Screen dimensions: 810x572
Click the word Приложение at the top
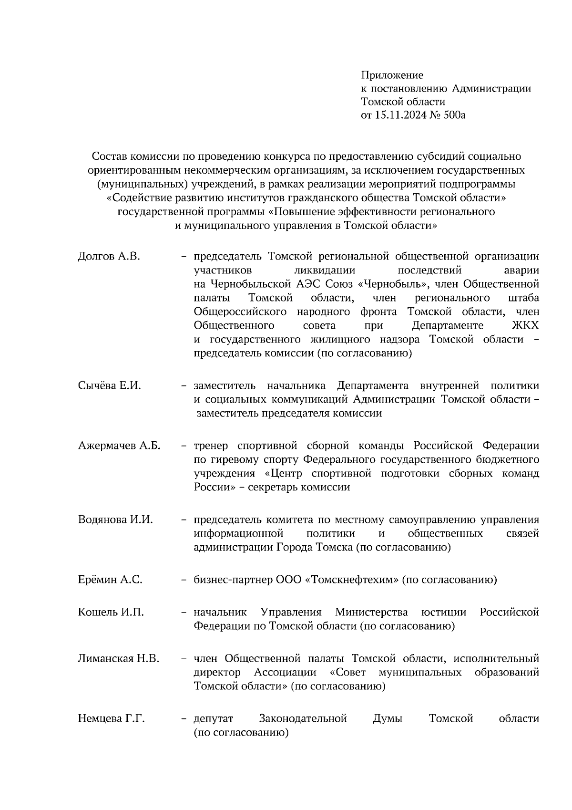click(392, 75)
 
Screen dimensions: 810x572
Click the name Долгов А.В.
click(109, 257)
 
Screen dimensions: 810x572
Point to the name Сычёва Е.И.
click(109, 385)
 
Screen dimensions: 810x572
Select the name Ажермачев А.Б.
click(119, 446)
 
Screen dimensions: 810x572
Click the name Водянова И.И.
click(115, 520)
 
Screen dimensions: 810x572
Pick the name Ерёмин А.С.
click(110, 580)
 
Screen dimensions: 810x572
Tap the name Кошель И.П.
click(111, 612)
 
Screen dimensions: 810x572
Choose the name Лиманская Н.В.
click(118, 659)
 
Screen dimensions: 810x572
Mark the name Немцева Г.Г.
click(111, 718)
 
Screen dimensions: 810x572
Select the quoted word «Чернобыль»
click(392, 284)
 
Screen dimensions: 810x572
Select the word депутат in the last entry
click(213, 718)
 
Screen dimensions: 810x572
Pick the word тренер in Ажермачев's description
click(211, 446)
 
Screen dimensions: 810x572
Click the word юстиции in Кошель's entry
click(444, 612)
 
